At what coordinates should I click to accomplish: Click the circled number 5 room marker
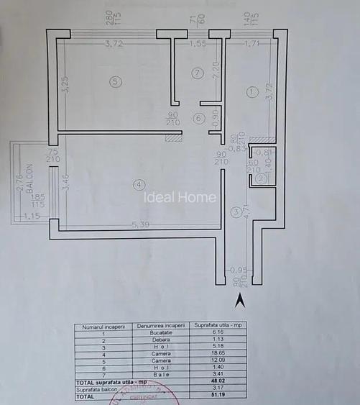click(116, 82)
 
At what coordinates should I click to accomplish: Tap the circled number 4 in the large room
click(139, 185)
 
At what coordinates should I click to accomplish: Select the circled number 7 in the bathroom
click(198, 73)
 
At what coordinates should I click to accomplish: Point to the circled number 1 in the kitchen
click(251, 91)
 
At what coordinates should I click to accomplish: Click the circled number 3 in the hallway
click(235, 212)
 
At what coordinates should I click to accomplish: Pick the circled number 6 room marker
click(198, 118)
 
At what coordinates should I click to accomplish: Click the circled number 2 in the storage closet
click(262, 178)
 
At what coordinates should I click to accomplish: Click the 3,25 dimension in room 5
click(64, 86)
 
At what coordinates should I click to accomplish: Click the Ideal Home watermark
click(177, 197)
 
